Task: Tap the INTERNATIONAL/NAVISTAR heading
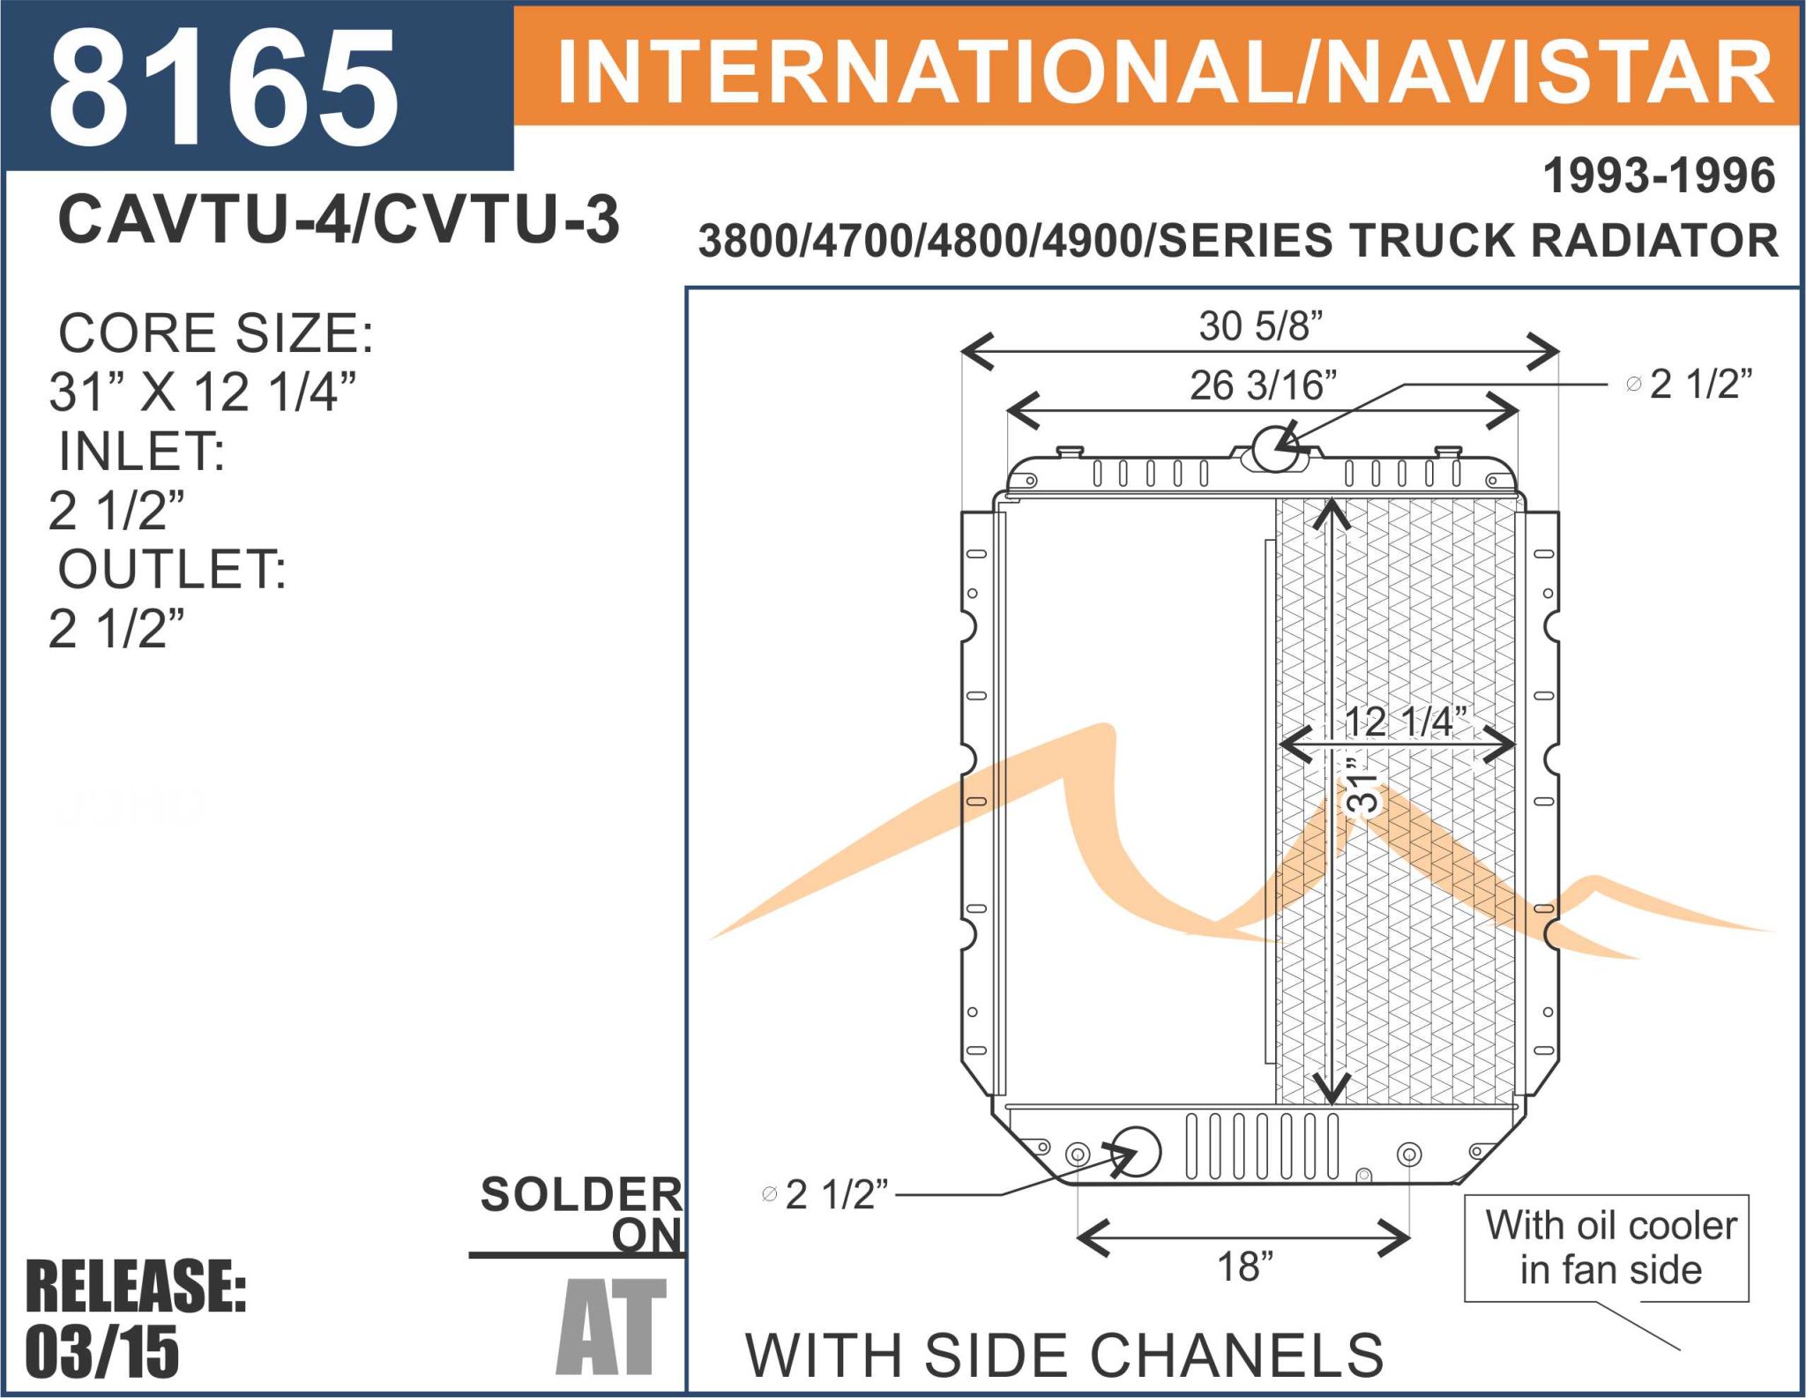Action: click(1166, 73)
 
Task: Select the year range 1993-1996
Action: click(1659, 176)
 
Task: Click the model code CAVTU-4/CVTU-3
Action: click(339, 219)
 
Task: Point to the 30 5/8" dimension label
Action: click(1261, 325)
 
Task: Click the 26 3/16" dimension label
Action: click(1263, 385)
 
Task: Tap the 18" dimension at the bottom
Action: click(1245, 1267)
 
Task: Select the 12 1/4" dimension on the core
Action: click(1406, 721)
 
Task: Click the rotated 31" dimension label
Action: click(1362, 784)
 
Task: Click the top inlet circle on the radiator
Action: click(1275, 447)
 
